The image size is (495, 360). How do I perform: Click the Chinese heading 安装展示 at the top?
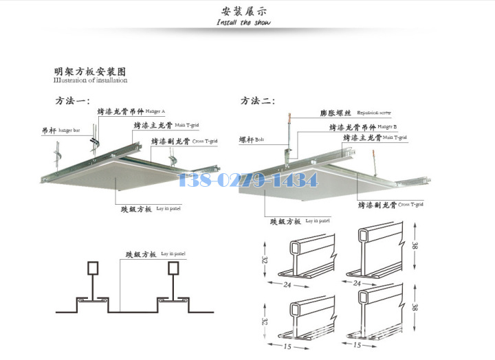(x=244, y=11)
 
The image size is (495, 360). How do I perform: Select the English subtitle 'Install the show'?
(x=243, y=23)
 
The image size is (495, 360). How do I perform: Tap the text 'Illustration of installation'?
(x=90, y=80)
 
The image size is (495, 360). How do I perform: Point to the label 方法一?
(x=72, y=101)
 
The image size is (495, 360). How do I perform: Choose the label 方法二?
(x=257, y=101)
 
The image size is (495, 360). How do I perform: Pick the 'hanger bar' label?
(x=69, y=129)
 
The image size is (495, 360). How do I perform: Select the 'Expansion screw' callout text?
(x=374, y=112)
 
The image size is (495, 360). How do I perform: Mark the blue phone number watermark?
(x=248, y=181)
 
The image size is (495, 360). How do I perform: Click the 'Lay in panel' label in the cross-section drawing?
(x=173, y=254)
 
